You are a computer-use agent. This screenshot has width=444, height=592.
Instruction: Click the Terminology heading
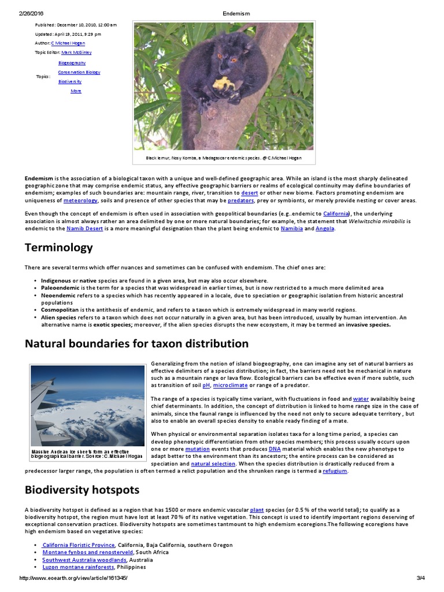coord(58,247)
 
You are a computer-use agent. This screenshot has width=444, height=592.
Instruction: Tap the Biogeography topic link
coord(72,62)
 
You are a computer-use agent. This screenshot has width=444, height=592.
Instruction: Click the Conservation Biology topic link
coord(79,72)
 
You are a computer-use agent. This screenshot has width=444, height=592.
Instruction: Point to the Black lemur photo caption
coord(223,158)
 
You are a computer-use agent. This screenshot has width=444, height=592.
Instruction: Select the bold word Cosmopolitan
coord(60,310)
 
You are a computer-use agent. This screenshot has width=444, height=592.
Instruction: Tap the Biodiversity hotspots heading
coord(82,490)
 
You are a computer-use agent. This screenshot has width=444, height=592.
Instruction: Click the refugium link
coord(335,471)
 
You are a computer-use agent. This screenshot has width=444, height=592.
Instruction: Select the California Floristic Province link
coord(79,545)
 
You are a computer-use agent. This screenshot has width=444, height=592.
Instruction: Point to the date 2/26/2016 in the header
coord(31,13)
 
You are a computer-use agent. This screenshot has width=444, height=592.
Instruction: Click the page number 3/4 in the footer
coord(420,578)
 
